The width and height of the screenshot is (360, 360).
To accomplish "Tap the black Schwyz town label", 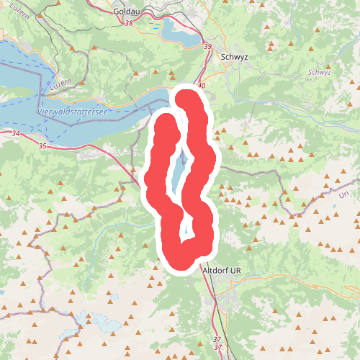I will [236, 58].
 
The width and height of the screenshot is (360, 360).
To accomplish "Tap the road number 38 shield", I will [129, 24].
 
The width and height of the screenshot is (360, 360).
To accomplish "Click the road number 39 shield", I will [208, 47].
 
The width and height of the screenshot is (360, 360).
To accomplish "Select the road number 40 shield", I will [201, 86].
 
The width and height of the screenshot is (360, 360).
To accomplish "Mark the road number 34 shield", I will [16, 134].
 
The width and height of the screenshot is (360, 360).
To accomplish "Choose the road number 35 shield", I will [42, 146].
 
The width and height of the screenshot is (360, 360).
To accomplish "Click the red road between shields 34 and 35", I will [29, 140].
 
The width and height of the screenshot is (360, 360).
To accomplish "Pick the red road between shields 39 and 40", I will [206, 66].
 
